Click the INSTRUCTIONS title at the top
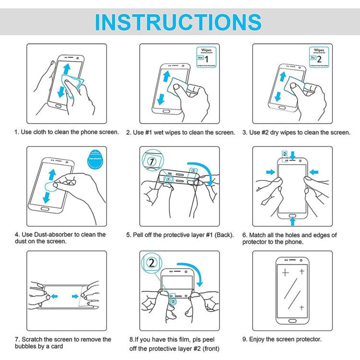coord(178,22)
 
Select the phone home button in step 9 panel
coord(293,320)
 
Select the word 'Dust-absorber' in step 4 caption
coord(49,234)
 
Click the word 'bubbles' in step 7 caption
coord(26,346)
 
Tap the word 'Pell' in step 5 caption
coord(141,235)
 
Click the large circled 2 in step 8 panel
coord(152,263)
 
